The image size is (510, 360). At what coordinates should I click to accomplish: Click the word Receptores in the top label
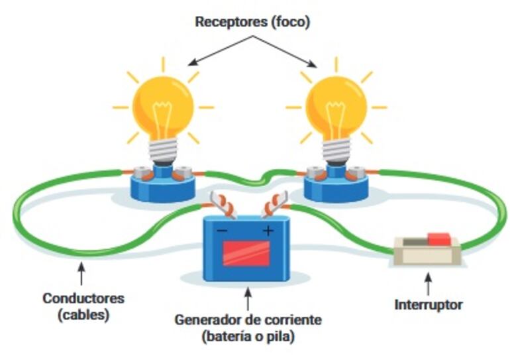225,22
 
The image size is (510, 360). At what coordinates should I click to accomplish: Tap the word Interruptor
428,305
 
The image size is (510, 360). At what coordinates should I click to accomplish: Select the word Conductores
83,298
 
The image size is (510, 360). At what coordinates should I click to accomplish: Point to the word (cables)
83,315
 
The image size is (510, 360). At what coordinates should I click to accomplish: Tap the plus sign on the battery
268,231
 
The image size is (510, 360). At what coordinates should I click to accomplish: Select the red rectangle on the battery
246,253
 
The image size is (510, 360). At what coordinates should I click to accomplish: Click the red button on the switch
438,239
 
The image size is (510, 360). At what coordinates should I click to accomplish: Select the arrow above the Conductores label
81,274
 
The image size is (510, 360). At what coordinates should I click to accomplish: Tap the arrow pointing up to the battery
246,297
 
